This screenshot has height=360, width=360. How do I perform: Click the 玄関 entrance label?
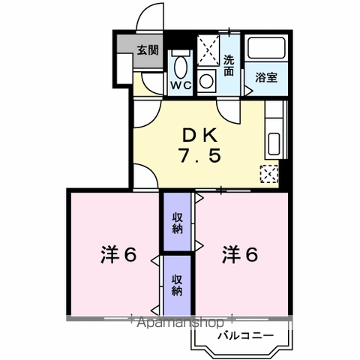(147, 51)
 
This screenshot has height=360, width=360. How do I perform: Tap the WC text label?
(180, 85)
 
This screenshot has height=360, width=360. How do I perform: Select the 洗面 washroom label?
(230, 67)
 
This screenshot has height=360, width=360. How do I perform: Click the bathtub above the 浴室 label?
(266, 51)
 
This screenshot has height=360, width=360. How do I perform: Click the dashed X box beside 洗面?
(210, 50)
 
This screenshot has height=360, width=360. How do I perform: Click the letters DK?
(200, 135)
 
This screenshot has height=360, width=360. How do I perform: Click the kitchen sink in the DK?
(274, 142)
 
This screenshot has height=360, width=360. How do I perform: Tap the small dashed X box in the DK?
(268, 173)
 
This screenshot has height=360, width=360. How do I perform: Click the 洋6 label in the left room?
(118, 255)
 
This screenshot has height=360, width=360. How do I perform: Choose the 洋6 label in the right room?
(240, 255)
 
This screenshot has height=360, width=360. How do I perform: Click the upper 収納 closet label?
(178, 223)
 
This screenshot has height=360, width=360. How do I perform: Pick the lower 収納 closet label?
(178, 286)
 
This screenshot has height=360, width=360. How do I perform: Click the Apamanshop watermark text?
(180, 323)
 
